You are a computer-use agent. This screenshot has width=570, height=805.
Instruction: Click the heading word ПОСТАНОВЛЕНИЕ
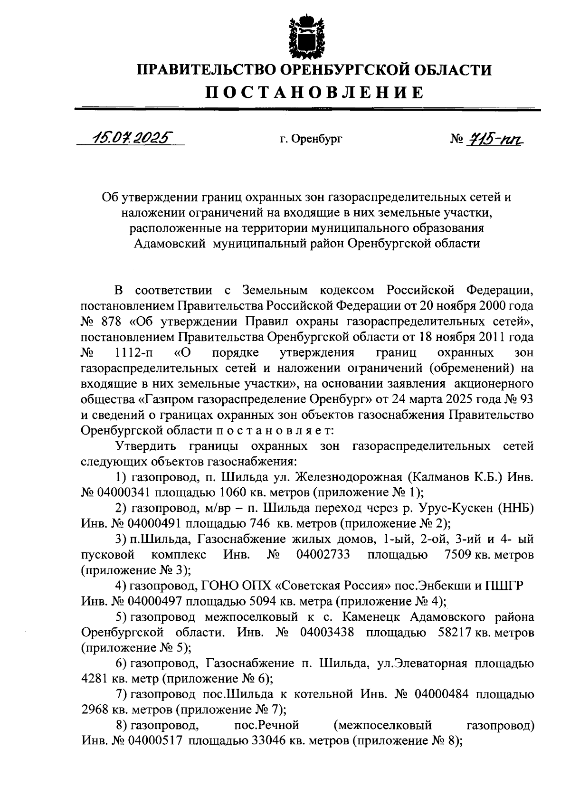click(314, 92)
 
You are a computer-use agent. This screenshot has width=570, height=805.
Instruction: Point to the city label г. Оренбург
click(311, 139)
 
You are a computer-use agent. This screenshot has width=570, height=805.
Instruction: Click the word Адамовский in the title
click(169, 244)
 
